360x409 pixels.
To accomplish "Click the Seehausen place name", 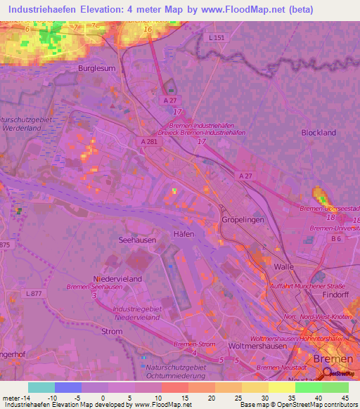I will click(x=136, y=240).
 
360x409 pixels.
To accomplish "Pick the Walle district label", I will click(x=283, y=267).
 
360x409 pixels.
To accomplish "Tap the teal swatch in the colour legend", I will click(x=41, y=387).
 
